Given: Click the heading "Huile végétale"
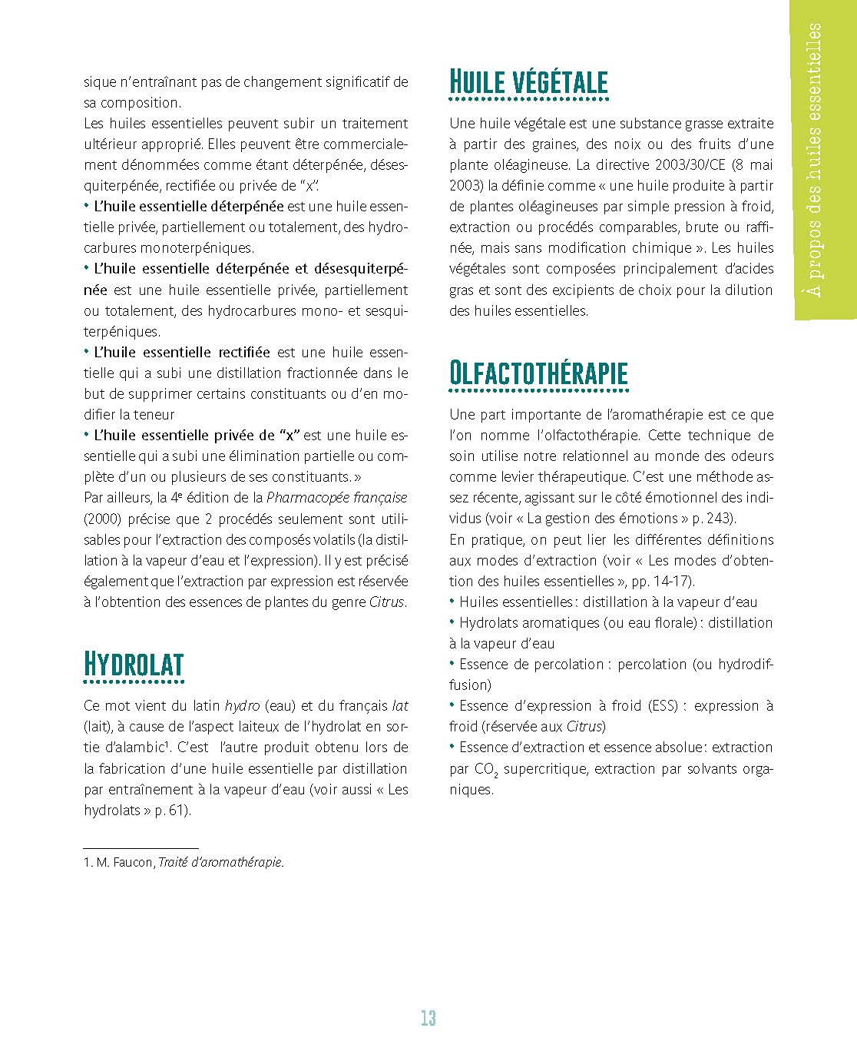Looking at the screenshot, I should pyautogui.click(x=528, y=82).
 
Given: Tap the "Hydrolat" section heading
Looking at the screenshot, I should pyautogui.click(x=134, y=665).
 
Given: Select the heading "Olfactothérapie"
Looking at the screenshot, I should pyautogui.click(x=538, y=373).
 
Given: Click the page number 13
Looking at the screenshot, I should pyautogui.click(x=428, y=1018).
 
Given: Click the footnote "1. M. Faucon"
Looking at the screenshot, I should pyautogui.click(x=118, y=862).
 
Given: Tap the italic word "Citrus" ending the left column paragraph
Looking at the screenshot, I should pyautogui.click(x=386, y=602).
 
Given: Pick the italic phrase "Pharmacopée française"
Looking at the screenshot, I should pyautogui.click(x=336, y=498).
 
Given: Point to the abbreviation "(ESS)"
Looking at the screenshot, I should pyautogui.click(x=663, y=705).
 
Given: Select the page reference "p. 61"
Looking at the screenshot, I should pyautogui.click(x=171, y=810).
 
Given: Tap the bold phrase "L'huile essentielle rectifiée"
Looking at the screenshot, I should pyautogui.click(x=181, y=353).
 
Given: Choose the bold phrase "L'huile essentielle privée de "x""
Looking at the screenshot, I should pyautogui.click(x=197, y=436).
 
